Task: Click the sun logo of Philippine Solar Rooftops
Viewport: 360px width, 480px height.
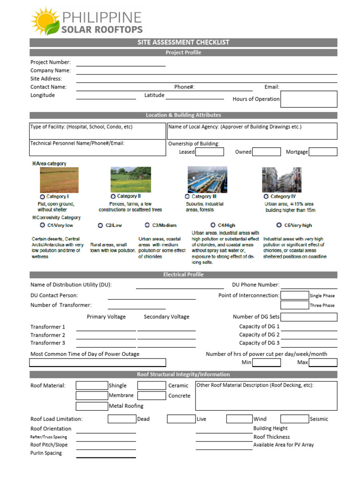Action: pyautogui.click(x=45, y=21)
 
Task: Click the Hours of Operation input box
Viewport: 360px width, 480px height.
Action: pyautogui.click(x=309, y=99)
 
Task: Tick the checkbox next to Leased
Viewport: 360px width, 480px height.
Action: pyautogui.click(x=210, y=152)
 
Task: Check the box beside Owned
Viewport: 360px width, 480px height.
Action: pyautogui.click(x=267, y=152)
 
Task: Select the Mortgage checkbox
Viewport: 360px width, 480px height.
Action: pyautogui.click(x=323, y=152)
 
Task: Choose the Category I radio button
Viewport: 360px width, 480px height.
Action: pyautogui.click(x=43, y=197)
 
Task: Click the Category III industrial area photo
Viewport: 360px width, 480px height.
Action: pyautogui.click(x=207, y=180)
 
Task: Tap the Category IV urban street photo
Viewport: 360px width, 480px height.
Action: pyautogui.click(x=281, y=180)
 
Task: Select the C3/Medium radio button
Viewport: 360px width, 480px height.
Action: pyautogui.click(x=147, y=225)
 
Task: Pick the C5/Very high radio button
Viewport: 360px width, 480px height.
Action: pyautogui.click(x=279, y=225)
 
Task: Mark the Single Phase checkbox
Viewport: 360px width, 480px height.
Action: pyautogui.click(x=294, y=295)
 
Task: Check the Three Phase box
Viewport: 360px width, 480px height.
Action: pyautogui.click(x=294, y=305)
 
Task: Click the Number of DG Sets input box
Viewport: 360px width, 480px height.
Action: pyautogui.click(x=309, y=317)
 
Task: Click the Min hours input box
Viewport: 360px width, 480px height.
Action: pyautogui.click(x=266, y=362)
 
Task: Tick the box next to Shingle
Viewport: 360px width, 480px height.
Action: pyautogui.click(x=92, y=386)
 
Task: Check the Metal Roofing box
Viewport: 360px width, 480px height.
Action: pyautogui.click(x=92, y=406)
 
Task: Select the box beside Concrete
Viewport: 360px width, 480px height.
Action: pyautogui.click(x=151, y=396)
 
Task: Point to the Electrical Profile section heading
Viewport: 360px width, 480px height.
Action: pyautogui.click(x=183, y=275)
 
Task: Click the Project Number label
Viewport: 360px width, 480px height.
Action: pyautogui.click(x=51, y=62)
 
